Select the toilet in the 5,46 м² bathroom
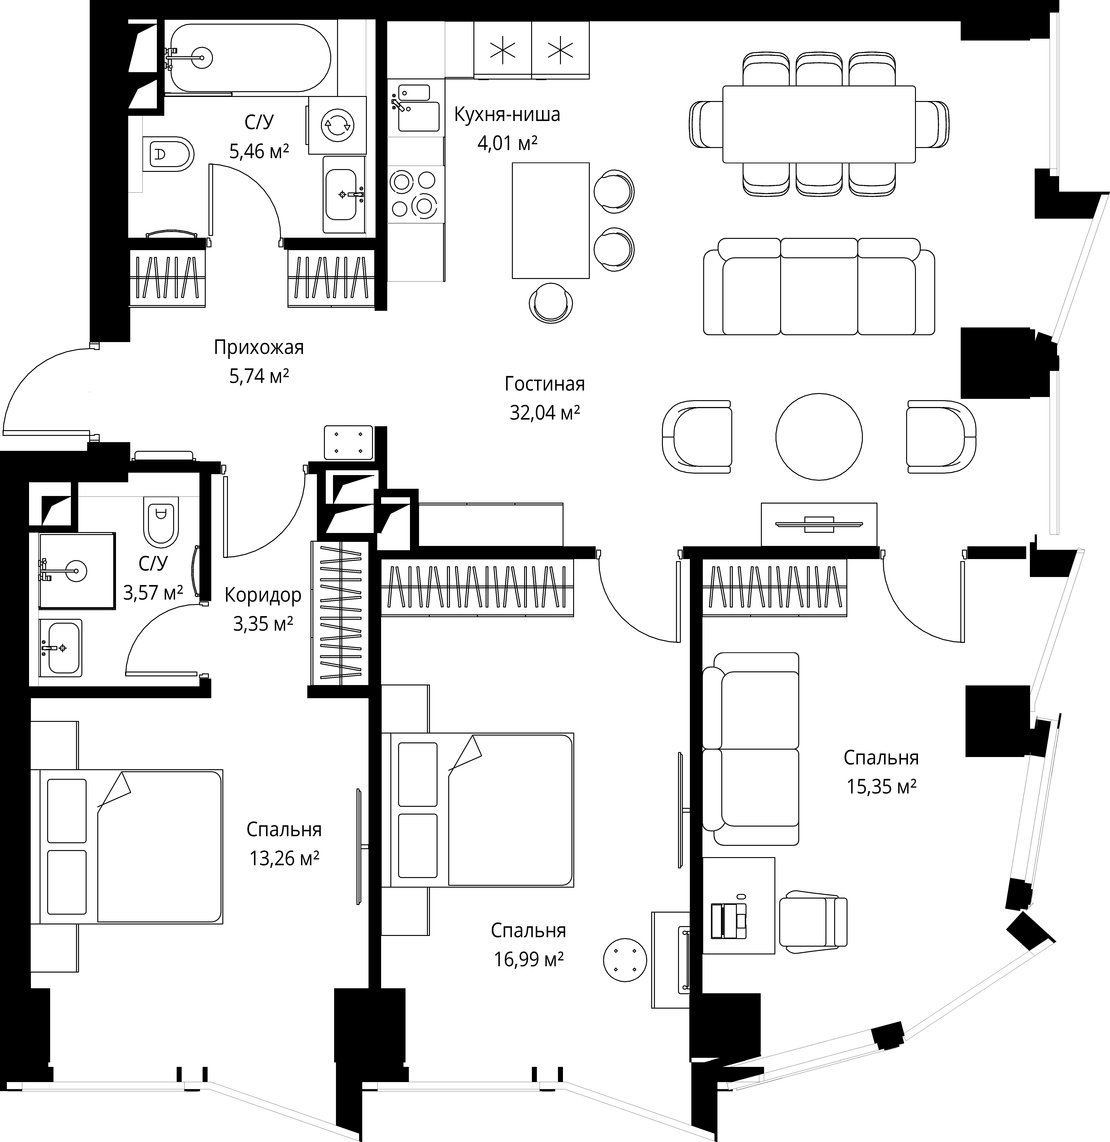[x=168, y=154]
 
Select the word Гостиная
[x=544, y=384]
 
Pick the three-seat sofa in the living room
[x=818, y=286]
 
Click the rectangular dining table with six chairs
[x=818, y=124]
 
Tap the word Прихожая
[x=259, y=347]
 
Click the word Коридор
[x=263, y=595]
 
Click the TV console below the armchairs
[x=818, y=524]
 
